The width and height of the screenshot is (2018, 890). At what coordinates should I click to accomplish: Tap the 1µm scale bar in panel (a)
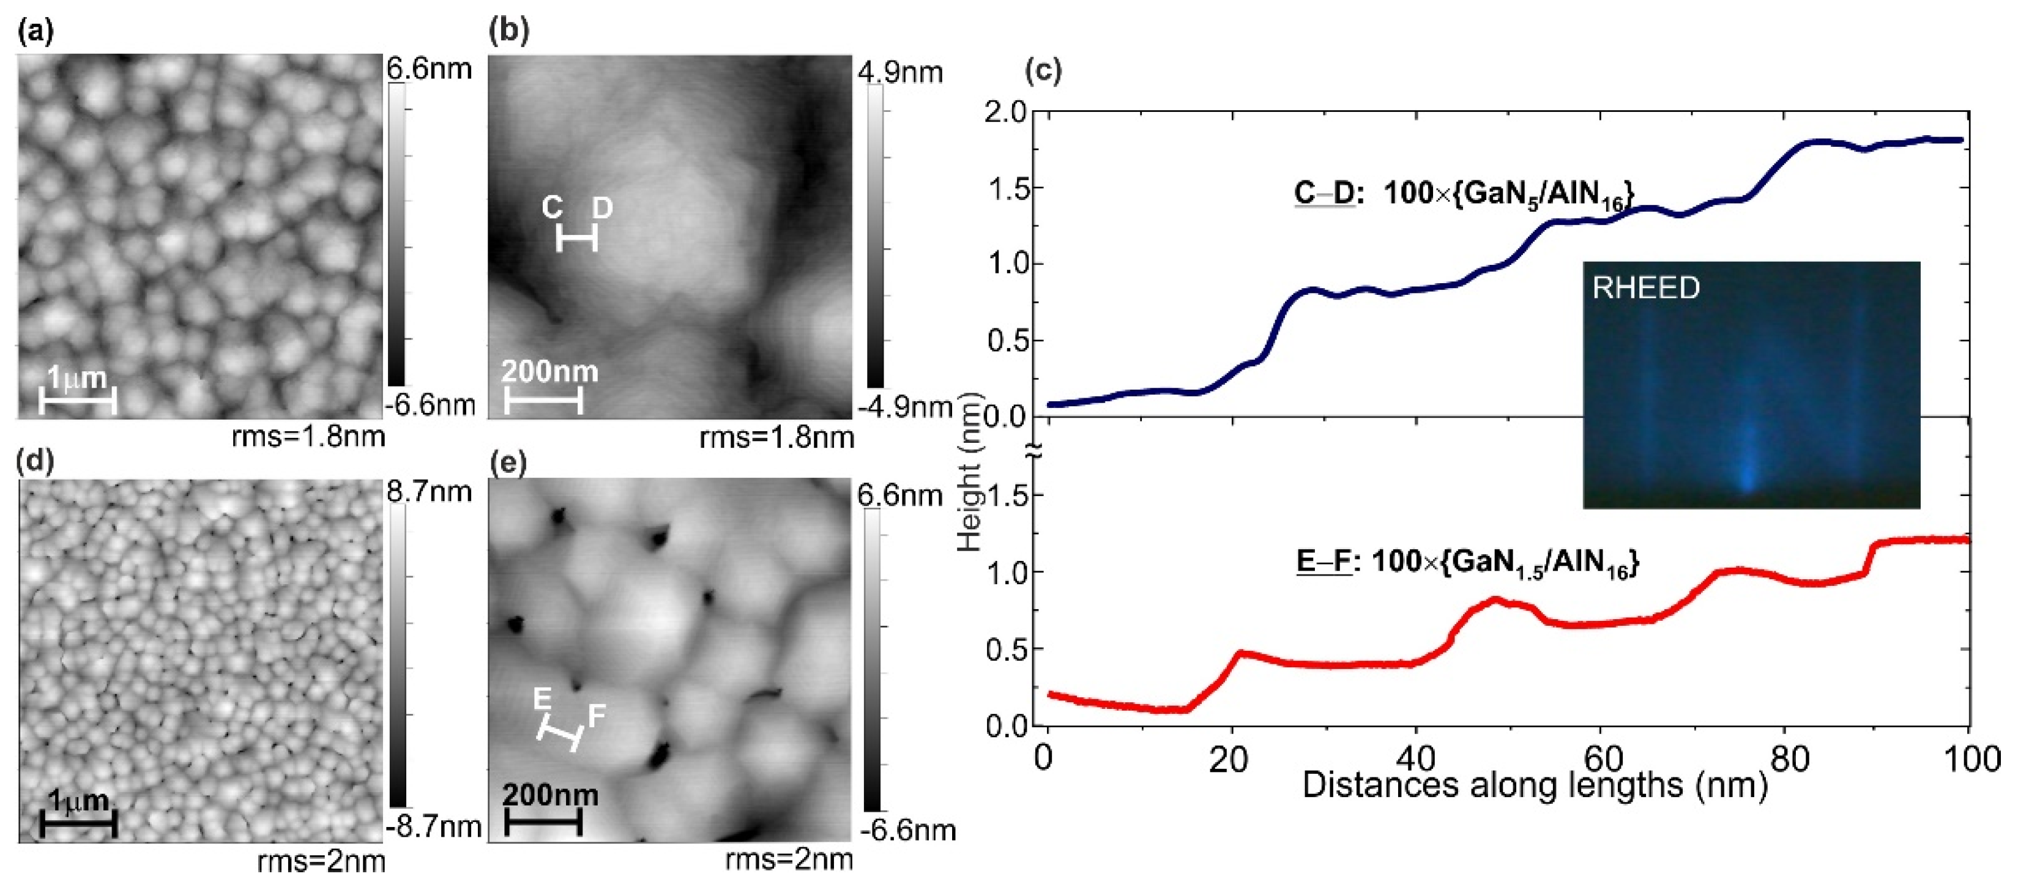click(78, 402)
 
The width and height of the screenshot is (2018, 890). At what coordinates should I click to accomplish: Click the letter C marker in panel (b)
click(553, 207)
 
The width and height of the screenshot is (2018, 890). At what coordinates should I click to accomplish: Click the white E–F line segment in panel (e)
click(560, 735)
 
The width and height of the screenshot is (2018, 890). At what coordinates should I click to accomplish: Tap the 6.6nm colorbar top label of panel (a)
click(430, 69)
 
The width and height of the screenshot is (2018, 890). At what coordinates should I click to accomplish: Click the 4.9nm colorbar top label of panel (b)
click(900, 73)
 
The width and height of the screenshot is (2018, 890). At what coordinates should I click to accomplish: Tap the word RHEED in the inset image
click(1646, 288)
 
